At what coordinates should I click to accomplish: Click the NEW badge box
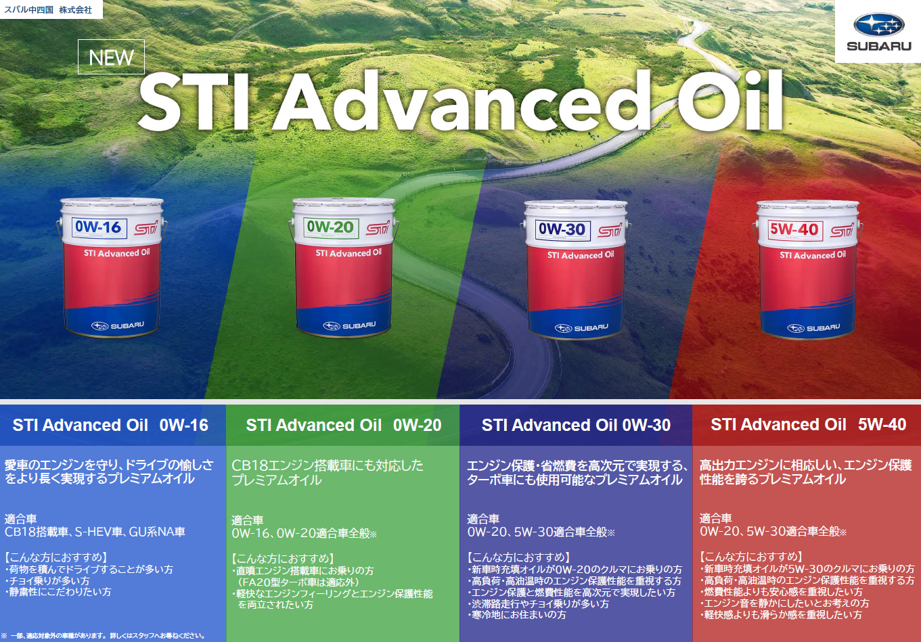pyautogui.click(x=111, y=57)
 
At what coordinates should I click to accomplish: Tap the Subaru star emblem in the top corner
pyautogui.click(x=878, y=24)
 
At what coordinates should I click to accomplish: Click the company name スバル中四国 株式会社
pyautogui.click(x=48, y=9)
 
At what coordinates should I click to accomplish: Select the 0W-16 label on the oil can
pyautogui.click(x=99, y=228)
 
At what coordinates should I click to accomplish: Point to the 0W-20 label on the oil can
pyautogui.click(x=331, y=227)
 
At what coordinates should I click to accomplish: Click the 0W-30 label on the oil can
pyautogui.click(x=562, y=230)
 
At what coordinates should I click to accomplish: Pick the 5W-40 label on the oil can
pyautogui.click(x=794, y=230)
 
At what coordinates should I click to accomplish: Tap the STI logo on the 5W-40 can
pyautogui.click(x=842, y=230)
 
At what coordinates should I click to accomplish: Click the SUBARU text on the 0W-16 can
pyautogui.click(x=127, y=325)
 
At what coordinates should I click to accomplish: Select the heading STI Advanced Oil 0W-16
pyautogui.click(x=110, y=425)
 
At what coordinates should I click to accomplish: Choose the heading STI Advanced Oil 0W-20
pyautogui.click(x=344, y=425)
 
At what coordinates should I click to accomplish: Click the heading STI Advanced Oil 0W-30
pyautogui.click(x=576, y=425)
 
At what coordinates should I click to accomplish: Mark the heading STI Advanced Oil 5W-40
pyautogui.click(x=809, y=425)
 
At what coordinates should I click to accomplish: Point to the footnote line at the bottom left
pyautogui.click(x=103, y=635)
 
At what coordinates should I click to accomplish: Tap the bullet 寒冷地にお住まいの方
pyautogui.click(x=517, y=615)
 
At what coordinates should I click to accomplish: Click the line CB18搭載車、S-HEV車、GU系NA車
pyautogui.click(x=95, y=532)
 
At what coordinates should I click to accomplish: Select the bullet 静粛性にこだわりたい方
pyautogui.click(x=58, y=592)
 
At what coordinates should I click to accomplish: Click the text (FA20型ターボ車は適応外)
pyautogui.click(x=298, y=582)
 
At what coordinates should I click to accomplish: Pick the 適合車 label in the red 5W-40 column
pyautogui.click(x=715, y=518)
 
